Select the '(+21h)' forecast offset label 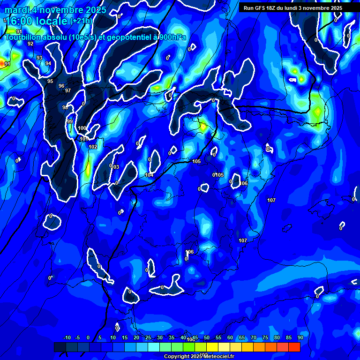tap(81, 21)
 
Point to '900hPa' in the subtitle tap(171, 37)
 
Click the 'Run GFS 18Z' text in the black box tap(262, 8)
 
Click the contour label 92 tap(30, 44)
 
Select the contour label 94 tap(48, 63)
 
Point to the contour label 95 tap(50, 82)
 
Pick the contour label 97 tap(68, 91)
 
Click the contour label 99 tap(70, 122)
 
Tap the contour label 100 tap(82, 128)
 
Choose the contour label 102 tap(93, 147)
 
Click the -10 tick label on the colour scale tap(67, 338)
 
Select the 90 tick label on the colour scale tap(300, 338)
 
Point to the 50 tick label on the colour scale tap(207, 338)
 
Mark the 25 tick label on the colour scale tap(148, 338)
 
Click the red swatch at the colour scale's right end tap(294, 347)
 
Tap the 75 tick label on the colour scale tap(265, 338)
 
